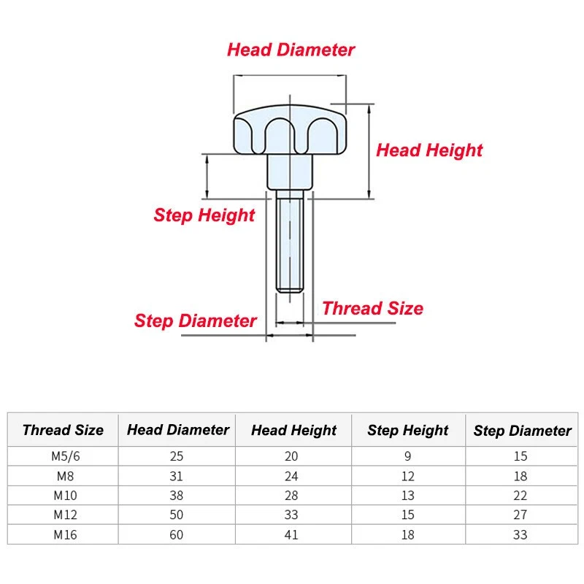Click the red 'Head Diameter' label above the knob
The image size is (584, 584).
tap(291, 50)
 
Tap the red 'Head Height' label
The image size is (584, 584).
tap(429, 150)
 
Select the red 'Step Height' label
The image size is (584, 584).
tap(204, 215)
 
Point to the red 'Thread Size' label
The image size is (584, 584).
tap(373, 308)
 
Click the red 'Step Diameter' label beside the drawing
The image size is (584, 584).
tap(196, 320)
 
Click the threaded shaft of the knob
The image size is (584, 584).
tap(290, 241)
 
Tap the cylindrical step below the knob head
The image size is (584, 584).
tap(290, 172)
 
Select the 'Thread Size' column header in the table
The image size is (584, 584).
tap(63, 430)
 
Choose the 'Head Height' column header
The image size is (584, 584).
tap(294, 431)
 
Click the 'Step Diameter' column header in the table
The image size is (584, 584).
tap(522, 431)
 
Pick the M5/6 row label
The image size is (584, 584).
tap(66, 456)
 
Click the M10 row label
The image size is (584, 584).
tap(66, 496)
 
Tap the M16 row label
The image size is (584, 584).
tap(66, 535)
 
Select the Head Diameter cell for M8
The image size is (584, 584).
tap(176, 477)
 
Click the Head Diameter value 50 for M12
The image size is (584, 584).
tap(176, 515)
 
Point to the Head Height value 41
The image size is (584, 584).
tap(291, 535)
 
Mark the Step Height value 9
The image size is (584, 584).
tap(408, 456)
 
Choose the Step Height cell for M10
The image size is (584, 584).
tap(408, 496)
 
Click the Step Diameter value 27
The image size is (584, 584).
tap(520, 515)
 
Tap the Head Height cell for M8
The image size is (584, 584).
tap(291, 477)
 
